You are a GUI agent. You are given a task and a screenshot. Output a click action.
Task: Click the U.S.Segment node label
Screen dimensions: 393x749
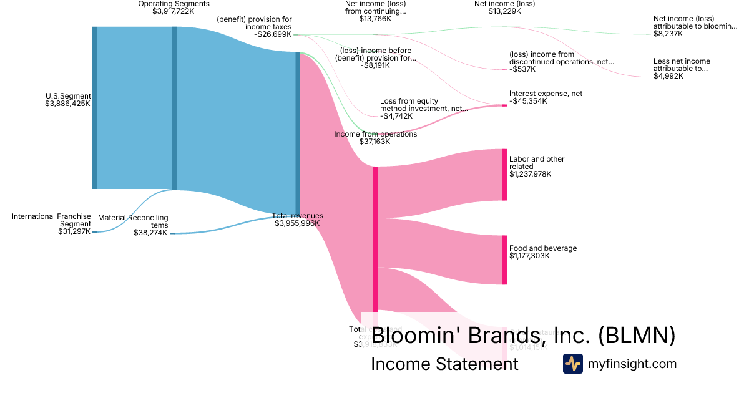click(68, 96)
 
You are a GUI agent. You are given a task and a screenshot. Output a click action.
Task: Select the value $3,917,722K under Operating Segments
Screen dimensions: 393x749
click(174, 11)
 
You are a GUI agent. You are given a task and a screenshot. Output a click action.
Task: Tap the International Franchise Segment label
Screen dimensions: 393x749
click(51, 220)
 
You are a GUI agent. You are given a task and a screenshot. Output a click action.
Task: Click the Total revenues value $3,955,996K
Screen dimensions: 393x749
click(297, 223)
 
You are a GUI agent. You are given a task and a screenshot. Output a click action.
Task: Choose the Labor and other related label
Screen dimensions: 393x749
click(536, 162)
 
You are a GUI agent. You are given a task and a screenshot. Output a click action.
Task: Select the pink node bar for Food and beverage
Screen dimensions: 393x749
click(504, 260)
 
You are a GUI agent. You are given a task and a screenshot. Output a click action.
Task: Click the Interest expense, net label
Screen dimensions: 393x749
click(546, 94)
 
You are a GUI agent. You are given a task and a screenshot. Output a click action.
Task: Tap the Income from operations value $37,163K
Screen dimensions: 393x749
click(374, 142)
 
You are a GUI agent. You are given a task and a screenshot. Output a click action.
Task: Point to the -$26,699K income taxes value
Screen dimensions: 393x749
click(272, 35)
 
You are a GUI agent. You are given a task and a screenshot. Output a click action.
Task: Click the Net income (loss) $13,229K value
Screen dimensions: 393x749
click(504, 11)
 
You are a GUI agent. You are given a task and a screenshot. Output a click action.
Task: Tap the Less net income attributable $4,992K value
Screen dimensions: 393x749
click(668, 77)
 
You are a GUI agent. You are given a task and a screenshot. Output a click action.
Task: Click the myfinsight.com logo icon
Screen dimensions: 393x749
click(572, 364)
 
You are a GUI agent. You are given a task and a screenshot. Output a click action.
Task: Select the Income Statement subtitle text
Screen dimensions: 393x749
click(444, 364)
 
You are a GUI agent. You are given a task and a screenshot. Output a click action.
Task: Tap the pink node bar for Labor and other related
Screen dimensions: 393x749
click(504, 175)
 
